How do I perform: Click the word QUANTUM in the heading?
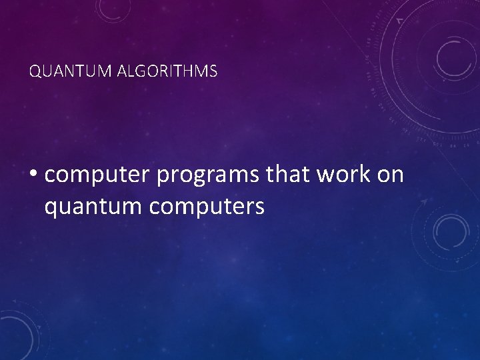click(61, 71)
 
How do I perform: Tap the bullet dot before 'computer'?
click(33, 175)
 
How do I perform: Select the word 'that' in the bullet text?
click(289, 174)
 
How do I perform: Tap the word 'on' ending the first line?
click(391, 175)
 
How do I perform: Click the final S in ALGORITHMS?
click(213, 71)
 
